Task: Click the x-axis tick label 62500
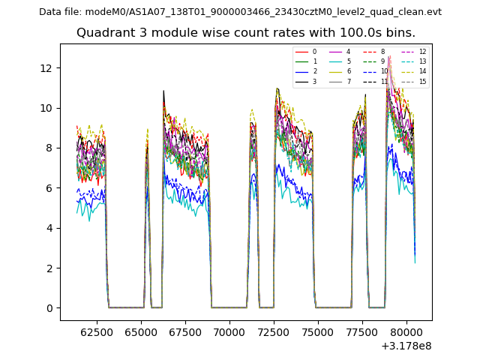[95, 331]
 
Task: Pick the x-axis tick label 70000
[229, 331]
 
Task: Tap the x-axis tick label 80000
[406, 331]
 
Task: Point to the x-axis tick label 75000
[317, 331]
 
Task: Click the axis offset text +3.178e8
[406, 345]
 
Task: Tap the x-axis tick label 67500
[184, 331]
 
